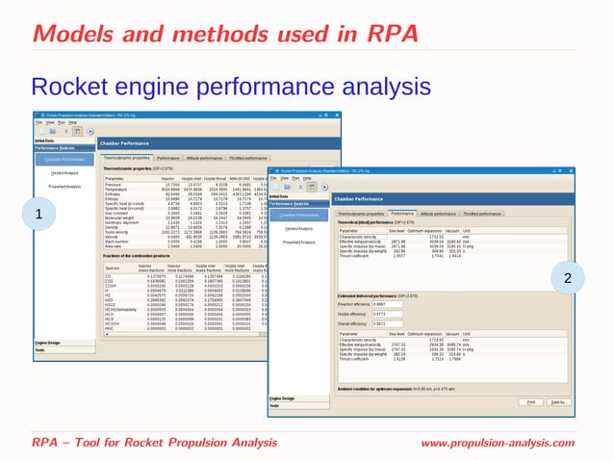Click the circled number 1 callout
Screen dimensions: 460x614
pyautogui.click(x=66, y=213)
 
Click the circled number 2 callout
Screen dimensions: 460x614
pyautogui.click(x=568, y=278)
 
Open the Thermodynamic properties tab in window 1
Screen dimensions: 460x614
pyautogui.click(x=127, y=157)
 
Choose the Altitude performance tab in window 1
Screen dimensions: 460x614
pyautogui.click(x=205, y=157)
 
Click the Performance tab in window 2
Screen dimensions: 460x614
pyautogui.click(x=429, y=214)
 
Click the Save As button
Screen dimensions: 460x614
pyautogui.click(x=559, y=401)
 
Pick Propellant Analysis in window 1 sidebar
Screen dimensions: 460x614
pyautogui.click(x=64, y=186)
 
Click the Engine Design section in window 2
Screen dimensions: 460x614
pyautogui.click(x=283, y=397)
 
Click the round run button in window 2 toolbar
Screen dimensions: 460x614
pyautogui.click(x=323, y=185)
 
